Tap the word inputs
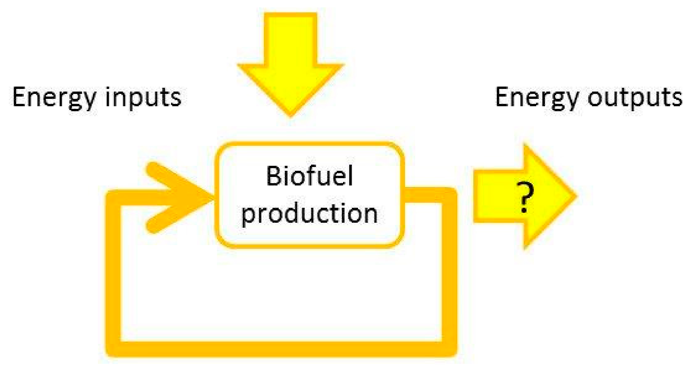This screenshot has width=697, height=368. (x=143, y=98)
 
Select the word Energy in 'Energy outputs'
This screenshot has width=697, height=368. (x=536, y=98)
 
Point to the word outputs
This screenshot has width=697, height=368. (x=635, y=98)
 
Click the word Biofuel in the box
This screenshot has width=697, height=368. (x=309, y=176)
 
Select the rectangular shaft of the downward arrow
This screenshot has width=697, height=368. (x=290, y=38)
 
